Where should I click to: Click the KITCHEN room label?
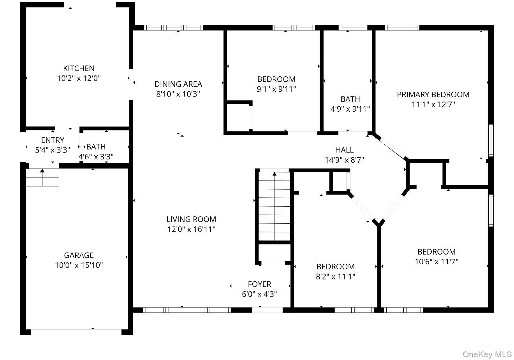point(79,68)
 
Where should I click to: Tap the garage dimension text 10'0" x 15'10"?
point(79,265)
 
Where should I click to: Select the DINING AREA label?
point(178,84)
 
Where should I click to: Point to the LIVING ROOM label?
point(191,219)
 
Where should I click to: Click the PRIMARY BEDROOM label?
point(433,94)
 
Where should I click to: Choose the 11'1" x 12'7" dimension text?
point(433,104)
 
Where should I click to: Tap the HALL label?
point(344,150)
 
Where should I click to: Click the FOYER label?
point(259,284)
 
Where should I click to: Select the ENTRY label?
point(53,140)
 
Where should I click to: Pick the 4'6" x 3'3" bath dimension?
point(96,156)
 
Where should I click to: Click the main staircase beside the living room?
point(274,206)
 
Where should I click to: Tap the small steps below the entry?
point(42,177)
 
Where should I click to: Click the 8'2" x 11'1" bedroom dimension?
point(335,277)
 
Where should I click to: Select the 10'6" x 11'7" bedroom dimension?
point(436,262)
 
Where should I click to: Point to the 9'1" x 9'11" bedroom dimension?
point(276,89)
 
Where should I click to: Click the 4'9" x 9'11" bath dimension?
point(350,109)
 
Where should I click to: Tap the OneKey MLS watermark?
point(487,354)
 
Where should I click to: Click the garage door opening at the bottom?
point(76,332)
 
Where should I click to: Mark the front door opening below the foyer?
point(268,310)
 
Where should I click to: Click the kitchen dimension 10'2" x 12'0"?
point(79,78)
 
